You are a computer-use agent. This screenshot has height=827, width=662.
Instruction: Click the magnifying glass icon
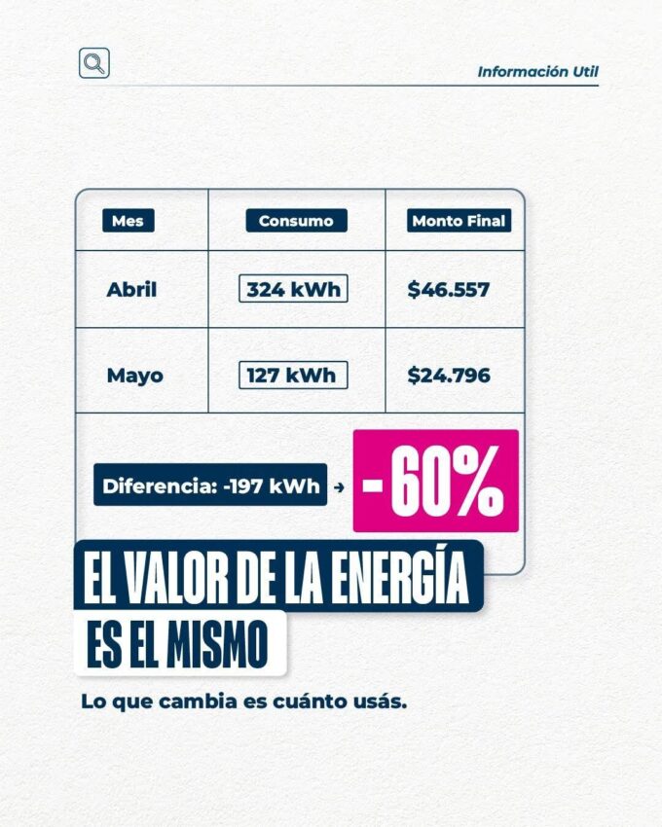(x=93, y=63)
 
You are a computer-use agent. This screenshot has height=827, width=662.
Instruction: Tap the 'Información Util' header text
(x=537, y=72)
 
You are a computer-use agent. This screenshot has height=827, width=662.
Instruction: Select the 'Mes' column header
(x=128, y=221)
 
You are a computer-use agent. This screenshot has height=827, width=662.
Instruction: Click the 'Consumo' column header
(x=296, y=221)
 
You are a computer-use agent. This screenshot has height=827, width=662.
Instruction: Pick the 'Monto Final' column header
(x=459, y=221)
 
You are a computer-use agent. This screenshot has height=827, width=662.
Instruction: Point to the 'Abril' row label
(x=131, y=289)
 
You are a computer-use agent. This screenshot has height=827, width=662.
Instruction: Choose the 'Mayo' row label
(x=134, y=375)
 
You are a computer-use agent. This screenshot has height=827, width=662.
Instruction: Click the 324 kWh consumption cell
(x=293, y=289)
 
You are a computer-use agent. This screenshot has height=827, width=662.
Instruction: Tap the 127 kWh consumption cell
(x=293, y=375)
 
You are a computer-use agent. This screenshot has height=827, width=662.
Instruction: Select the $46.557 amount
(x=449, y=289)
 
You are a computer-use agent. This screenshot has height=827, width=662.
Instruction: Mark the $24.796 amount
(x=449, y=375)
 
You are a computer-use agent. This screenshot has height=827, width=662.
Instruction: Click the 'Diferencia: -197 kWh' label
(x=210, y=485)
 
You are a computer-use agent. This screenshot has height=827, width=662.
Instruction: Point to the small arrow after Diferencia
(x=339, y=486)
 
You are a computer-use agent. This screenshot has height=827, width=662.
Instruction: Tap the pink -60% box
(x=435, y=482)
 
